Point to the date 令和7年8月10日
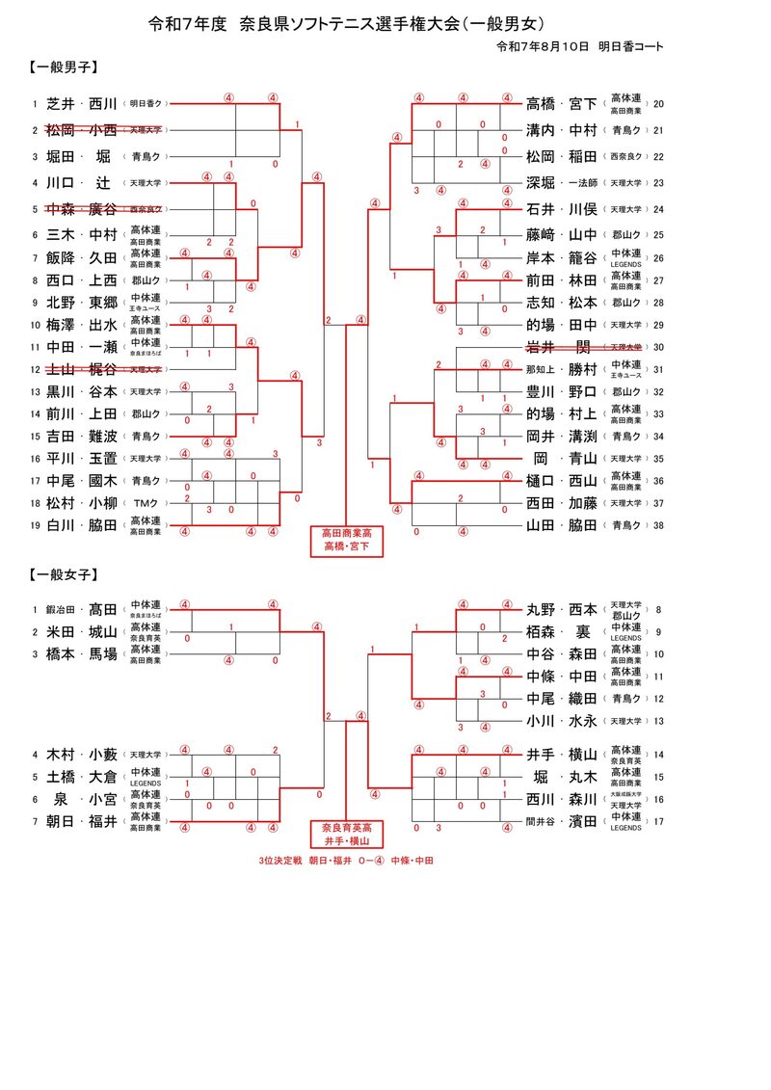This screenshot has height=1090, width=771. click(x=542, y=46)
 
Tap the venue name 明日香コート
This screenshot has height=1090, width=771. click(x=630, y=46)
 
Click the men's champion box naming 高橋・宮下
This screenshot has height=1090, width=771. click(x=345, y=540)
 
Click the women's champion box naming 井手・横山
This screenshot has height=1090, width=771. click(x=345, y=834)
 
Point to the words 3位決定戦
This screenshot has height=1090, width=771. click(x=279, y=860)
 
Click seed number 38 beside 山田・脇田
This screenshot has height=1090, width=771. click(x=659, y=525)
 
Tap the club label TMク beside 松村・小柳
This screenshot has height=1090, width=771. click(x=146, y=503)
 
